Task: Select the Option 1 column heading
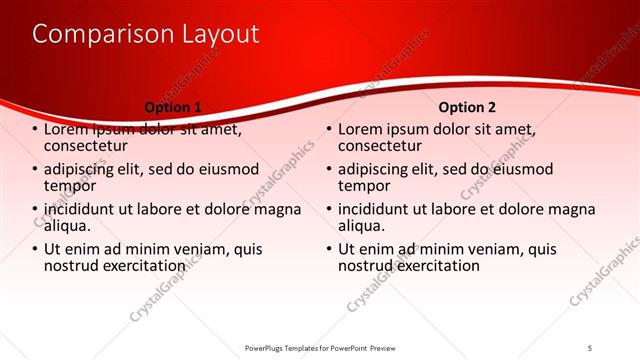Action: pos(173,107)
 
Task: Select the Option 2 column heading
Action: pos(467,107)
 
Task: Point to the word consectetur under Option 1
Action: pos(89,146)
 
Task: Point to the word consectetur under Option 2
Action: pos(383,146)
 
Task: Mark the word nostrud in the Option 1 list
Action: pos(72,266)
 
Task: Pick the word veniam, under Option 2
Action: pos(486,249)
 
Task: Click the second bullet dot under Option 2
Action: pos(329,170)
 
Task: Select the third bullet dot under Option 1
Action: pos(35,210)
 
